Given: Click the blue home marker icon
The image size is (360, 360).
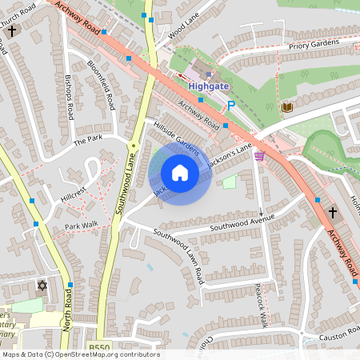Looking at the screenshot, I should (180, 173).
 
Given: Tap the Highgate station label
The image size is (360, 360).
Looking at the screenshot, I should (208, 85).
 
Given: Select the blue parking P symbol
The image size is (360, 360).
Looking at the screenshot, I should (231, 105).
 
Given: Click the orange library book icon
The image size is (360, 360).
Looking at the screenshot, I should (286, 107).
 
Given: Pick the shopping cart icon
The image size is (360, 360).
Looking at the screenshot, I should (258, 156).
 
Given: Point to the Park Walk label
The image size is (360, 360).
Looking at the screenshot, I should (81, 226).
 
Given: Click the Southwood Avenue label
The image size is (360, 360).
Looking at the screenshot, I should (242, 222).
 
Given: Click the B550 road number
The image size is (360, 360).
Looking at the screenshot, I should (98, 347).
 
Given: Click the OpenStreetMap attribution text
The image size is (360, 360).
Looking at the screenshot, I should (80, 354).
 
